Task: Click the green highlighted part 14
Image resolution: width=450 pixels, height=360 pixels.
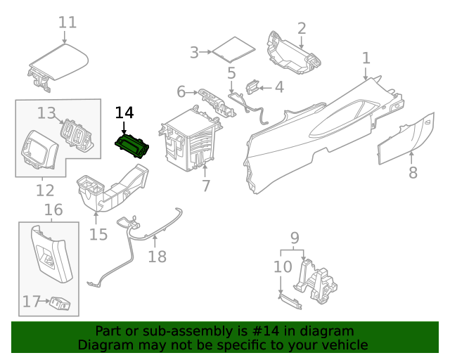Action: click(133, 147)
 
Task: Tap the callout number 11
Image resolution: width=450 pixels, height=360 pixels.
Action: click(67, 22)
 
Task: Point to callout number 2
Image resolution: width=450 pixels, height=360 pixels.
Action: click(302, 28)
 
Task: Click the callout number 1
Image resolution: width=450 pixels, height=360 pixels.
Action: click(366, 58)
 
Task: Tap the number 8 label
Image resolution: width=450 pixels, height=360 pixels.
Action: click(413, 172)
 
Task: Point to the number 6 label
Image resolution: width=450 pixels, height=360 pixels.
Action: click(181, 91)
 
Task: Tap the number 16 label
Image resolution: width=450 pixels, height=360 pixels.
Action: click(53, 210)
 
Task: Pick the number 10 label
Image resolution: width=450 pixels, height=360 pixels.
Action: click(282, 267)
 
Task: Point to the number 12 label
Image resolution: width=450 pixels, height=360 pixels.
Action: click(44, 191)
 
